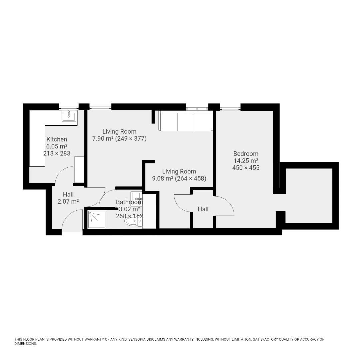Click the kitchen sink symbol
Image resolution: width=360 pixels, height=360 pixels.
pos(69,116)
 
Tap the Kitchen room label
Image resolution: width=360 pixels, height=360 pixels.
pos(57,139)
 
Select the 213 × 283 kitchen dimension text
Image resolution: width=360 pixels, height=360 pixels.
pos(57,153)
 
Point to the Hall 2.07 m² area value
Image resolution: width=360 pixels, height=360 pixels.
pos(68,201)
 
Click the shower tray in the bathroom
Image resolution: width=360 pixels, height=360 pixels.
pos(97,219)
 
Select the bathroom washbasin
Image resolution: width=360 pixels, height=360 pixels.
pos(136,199)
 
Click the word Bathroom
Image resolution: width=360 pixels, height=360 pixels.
pos(129,202)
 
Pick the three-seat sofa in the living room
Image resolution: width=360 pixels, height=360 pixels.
pos(185,121)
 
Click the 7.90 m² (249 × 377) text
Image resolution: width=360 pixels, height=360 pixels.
pos(119,138)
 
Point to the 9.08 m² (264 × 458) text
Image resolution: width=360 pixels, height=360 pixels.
pos(179,178)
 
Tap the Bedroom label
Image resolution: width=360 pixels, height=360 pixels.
pos(246,154)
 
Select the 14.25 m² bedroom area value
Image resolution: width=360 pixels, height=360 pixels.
pos(246,161)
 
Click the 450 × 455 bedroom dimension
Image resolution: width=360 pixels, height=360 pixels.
pos(246,168)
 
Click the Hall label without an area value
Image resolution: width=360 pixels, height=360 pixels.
pos(203,209)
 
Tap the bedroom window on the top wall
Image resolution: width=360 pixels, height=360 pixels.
pos(230,108)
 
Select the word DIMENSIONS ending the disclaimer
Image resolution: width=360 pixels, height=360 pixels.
pos(25,344)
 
